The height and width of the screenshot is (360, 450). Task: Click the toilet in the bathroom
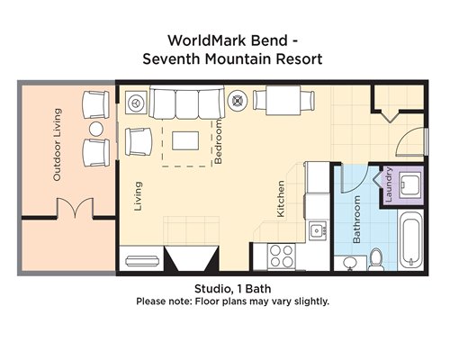376,259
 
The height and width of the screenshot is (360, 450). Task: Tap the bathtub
410,241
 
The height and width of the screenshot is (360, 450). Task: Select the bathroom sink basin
349,264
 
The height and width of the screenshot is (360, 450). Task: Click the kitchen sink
318,230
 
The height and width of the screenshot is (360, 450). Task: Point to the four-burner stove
282,256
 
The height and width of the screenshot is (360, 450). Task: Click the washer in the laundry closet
410,185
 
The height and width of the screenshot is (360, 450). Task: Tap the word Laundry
388,184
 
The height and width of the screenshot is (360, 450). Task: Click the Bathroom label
356,219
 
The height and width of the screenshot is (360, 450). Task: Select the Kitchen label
281,199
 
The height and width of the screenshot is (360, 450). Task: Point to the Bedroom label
219,141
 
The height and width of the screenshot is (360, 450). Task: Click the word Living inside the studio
138,196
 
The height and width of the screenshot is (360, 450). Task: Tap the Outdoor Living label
57,145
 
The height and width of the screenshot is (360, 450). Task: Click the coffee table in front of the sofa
185,140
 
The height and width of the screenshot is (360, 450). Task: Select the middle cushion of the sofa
187,103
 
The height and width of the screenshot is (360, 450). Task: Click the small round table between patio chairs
96,129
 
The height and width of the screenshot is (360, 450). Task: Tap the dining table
283,101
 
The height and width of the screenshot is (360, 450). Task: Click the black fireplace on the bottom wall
192,258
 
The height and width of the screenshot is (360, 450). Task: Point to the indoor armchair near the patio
139,141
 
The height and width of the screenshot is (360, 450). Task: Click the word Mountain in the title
238,58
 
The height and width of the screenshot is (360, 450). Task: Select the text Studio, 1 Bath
233,289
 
